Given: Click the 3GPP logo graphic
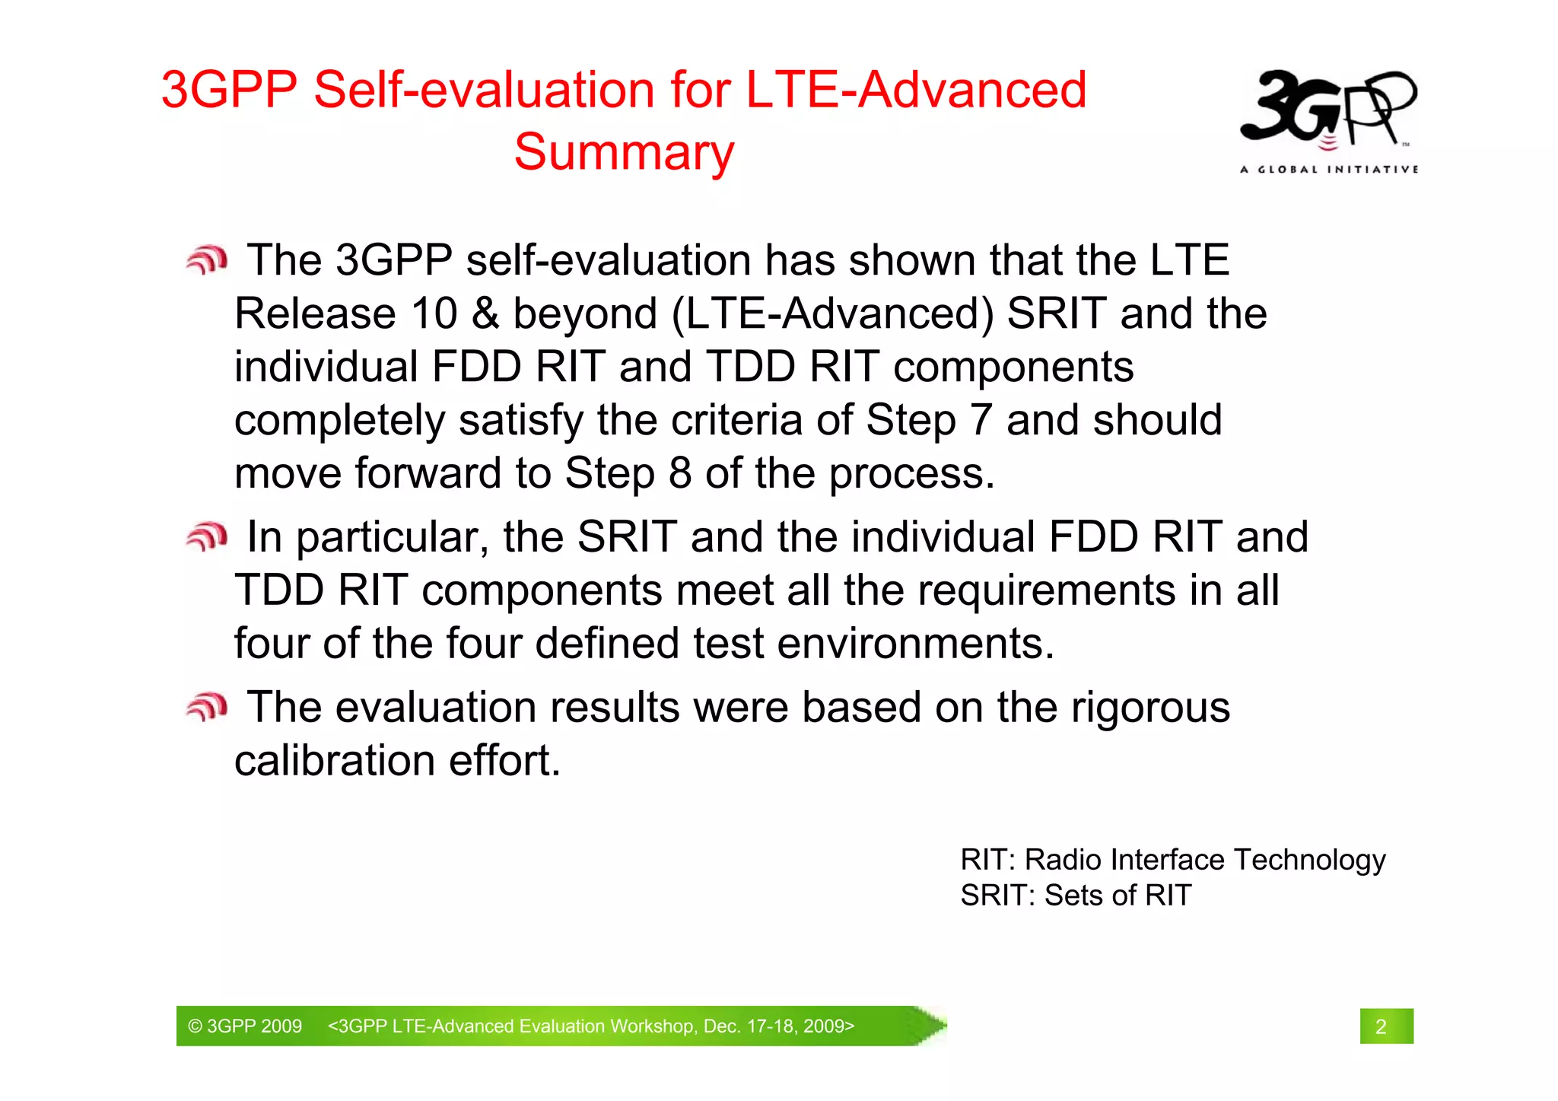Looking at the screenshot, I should coord(1327,108).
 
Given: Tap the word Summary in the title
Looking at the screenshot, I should coord(624,152).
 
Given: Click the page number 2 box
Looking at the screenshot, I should coord(1385,1026).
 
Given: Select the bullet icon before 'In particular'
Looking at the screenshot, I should coord(206,537).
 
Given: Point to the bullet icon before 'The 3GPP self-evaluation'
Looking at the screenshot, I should coord(206,260).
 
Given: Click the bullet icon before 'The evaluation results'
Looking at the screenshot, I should coord(206,708).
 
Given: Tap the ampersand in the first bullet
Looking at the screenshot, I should coord(485,313).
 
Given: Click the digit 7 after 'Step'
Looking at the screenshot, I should coord(981,420).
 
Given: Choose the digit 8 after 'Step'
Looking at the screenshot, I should coord(679,473).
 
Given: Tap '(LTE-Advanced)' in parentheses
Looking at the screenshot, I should coord(832,313).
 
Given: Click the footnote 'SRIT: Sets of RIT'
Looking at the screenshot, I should coord(1075,896).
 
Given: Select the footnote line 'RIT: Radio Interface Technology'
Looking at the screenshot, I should coord(1172,860).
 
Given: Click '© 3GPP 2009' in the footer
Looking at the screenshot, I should coord(245,1026).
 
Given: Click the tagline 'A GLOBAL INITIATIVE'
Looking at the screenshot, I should coord(1328,169).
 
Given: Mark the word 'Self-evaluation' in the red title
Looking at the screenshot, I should coord(485,90).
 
